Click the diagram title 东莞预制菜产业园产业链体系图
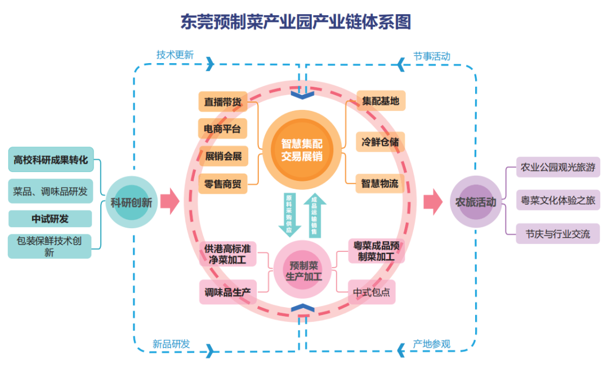295,21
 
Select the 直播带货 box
223,102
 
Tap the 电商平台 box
223,129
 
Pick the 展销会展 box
223,156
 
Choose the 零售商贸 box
223,183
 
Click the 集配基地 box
381,101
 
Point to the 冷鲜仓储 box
381,142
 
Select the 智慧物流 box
381,183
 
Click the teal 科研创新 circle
131,202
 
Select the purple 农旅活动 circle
476,202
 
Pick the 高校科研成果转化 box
51,160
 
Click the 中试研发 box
51,219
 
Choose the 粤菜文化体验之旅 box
558,200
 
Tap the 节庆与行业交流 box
558,233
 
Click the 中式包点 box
372,292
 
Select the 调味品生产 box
227,292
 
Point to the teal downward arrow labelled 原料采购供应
290,214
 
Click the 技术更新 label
175,55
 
